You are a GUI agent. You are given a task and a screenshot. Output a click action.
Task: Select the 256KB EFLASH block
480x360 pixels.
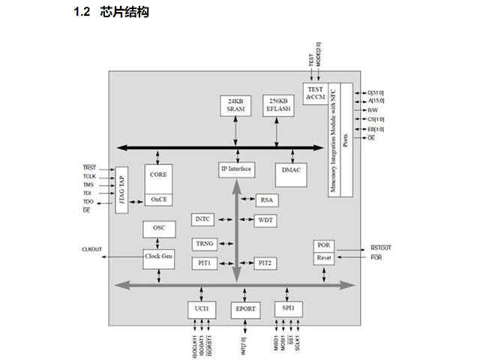[x=278, y=105]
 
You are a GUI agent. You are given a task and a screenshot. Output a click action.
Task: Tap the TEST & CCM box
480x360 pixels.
[x=315, y=93]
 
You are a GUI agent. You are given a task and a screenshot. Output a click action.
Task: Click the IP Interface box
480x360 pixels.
[x=236, y=169]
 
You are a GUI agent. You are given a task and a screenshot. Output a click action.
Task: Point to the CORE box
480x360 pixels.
[x=158, y=175]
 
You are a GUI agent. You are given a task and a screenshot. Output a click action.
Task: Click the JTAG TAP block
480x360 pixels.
[x=121, y=190]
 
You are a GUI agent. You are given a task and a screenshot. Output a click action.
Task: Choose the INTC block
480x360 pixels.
[x=203, y=220]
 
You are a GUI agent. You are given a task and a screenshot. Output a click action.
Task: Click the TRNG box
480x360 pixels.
[x=204, y=244]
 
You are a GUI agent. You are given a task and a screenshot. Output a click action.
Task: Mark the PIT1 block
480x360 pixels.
[x=204, y=263]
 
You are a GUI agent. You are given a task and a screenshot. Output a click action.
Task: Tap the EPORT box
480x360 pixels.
[x=244, y=309]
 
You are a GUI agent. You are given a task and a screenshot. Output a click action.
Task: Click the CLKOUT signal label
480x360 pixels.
[x=93, y=250]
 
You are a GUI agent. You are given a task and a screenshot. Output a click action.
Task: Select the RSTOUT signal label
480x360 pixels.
[x=381, y=247]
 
